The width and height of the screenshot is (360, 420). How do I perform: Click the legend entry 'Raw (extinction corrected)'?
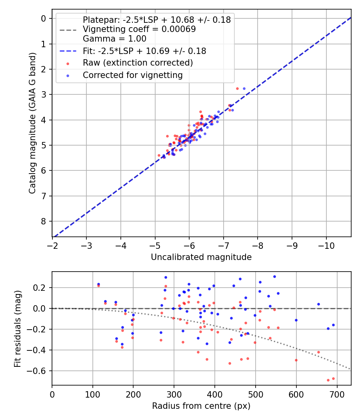138,63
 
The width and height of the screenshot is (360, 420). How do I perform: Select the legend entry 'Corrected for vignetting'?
132,75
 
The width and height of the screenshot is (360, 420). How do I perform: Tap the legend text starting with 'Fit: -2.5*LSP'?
144,51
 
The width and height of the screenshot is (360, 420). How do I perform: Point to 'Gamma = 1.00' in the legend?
114,39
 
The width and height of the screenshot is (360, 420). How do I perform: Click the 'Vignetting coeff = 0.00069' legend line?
139,29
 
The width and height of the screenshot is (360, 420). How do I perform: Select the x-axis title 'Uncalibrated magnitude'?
201,257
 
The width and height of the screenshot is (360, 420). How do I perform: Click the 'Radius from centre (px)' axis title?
201,406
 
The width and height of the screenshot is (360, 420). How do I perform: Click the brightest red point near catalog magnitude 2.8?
237,88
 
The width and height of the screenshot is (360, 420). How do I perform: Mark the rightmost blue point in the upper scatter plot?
244,88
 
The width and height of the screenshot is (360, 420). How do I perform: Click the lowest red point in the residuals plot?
328,380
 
